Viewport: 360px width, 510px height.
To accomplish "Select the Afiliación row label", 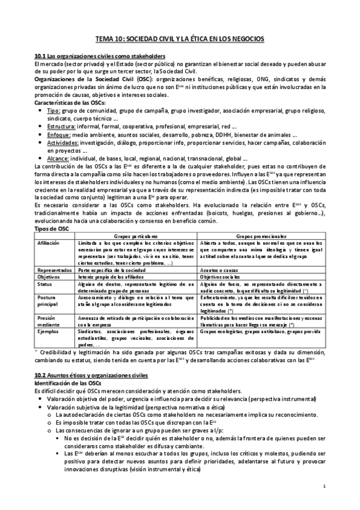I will (49, 244).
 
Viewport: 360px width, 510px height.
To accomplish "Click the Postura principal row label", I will (48, 304).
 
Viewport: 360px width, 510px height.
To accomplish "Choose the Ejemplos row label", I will (47, 331).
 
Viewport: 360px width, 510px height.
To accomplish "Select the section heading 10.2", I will (96, 376).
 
